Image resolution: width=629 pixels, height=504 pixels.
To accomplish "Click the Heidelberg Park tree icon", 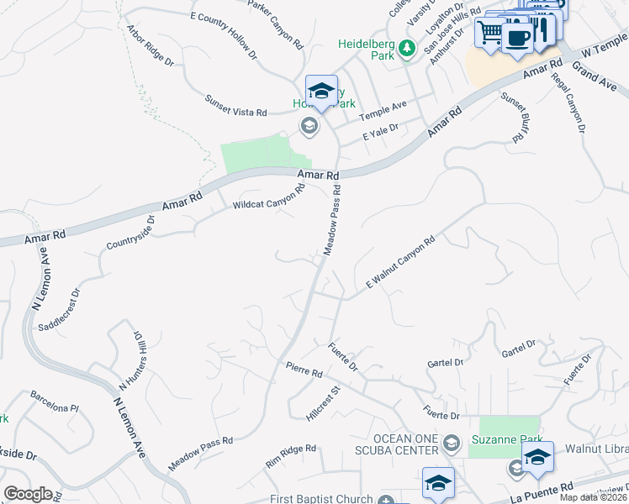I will point(407,49).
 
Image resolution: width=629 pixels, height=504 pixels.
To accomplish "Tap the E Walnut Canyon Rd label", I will point(399,264).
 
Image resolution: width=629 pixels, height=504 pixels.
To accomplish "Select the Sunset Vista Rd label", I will point(236,105).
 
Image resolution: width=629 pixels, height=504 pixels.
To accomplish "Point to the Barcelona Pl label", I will point(54,402).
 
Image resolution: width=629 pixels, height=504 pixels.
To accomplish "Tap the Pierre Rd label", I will point(304,370).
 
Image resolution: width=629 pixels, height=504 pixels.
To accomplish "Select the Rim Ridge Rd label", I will point(291,456).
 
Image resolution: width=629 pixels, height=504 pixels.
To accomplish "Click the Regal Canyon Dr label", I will point(568,104).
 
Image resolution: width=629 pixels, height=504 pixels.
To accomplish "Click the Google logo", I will point(29,494).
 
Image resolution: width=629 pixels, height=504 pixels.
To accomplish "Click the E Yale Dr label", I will point(379,133).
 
